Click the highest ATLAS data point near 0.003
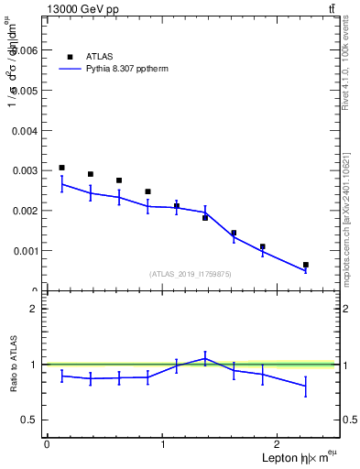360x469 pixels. [x=61, y=168]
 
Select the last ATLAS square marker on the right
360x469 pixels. [x=306, y=265]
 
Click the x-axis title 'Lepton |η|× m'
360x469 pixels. [x=290, y=457]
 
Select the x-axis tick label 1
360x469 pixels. [x=163, y=443]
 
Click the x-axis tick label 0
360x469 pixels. [x=47, y=443]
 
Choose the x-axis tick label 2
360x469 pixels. [x=279, y=443]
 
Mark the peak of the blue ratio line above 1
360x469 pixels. [x=205, y=358]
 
